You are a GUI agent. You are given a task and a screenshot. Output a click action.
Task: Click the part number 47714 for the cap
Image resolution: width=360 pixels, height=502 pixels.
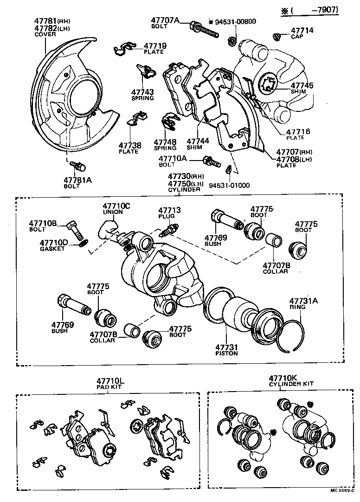pos(302,31)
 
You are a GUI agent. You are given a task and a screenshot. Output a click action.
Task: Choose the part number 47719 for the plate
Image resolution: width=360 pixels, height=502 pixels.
pos(154,46)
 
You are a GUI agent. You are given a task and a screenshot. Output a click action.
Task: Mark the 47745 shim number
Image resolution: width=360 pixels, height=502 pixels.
pos(302,85)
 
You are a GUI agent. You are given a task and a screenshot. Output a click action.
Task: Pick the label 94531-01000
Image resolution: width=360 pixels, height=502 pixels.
pos(229,185)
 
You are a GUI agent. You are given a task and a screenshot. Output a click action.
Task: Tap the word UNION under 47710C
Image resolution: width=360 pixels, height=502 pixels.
pos(113,212)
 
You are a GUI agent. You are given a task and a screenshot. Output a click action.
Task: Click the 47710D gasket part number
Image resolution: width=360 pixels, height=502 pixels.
pos(54,242)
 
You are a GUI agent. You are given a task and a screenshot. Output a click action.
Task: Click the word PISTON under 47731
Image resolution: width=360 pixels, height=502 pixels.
pos(226,353)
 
